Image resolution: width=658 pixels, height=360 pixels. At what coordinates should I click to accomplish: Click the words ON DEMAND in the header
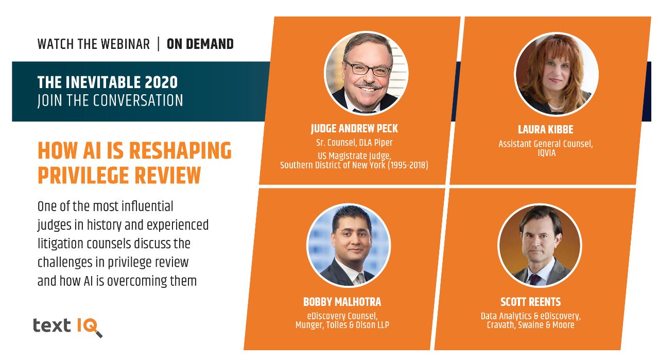[x=200, y=44]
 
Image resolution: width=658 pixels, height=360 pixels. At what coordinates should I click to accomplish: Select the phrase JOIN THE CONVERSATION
[x=110, y=100]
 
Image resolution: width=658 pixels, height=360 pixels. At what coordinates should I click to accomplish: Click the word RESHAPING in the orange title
[x=180, y=150]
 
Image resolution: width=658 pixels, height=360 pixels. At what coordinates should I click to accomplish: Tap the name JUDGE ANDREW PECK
[x=354, y=129]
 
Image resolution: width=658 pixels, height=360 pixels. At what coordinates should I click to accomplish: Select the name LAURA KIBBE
[x=545, y=129]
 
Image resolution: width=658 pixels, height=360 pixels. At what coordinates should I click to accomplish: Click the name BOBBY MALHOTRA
[x=342, y=302]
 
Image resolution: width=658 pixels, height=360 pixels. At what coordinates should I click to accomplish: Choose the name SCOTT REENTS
[x=530, y=302]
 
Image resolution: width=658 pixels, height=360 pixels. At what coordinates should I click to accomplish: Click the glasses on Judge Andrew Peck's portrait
[x=368, y=69]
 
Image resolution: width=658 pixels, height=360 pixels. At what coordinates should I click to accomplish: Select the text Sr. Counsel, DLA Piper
[x=354, y=143]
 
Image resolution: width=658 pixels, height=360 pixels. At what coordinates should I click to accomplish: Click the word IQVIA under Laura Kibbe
[x=546, y=153]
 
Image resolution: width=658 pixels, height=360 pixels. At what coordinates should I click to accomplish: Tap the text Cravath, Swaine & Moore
[x=530, y=325]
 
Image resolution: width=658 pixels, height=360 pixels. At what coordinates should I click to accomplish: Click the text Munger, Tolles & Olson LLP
[x=342, y=325]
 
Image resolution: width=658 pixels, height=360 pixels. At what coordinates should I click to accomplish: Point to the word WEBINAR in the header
[x=126, y=44]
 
